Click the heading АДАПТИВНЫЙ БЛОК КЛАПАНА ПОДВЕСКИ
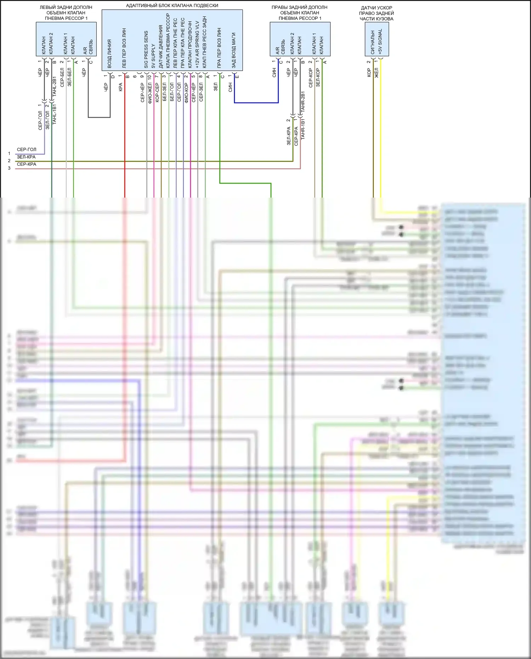point(172,6)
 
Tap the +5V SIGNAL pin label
point(380,41)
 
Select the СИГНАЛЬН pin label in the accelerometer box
point(372,42)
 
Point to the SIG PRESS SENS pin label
point(146,50)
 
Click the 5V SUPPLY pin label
point(153,56)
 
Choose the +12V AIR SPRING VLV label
point(197,44)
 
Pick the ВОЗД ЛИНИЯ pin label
point(109,53)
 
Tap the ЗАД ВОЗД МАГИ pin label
point(234,50)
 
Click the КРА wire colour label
point(120,87)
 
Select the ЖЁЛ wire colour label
point(376,73)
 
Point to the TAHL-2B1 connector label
point(55,86)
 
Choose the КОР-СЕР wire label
point(157,92)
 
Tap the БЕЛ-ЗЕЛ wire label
point(164,92)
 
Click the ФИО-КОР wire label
point(186,92)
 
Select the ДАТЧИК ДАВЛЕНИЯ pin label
point(160,46)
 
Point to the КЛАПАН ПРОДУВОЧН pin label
point(190,44)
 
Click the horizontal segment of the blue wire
point(256,103)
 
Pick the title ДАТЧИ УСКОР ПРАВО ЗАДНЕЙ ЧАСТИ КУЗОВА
point(376,13)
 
